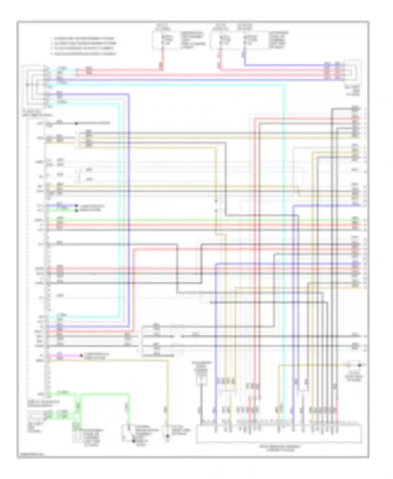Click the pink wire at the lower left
[x=65, y=356]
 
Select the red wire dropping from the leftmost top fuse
[x=162, y=59]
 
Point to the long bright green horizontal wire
[x=199, y=220]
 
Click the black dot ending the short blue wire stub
[x=76, y=206]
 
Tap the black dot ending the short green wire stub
[x=76, y=210]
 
